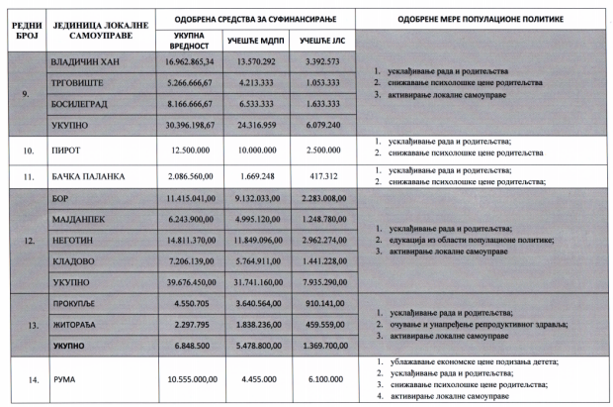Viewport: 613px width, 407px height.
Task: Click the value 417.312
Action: click(x=321, y=175)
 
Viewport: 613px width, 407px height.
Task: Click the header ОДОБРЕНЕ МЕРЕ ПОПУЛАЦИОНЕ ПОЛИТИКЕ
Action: click(x=477, y=16)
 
